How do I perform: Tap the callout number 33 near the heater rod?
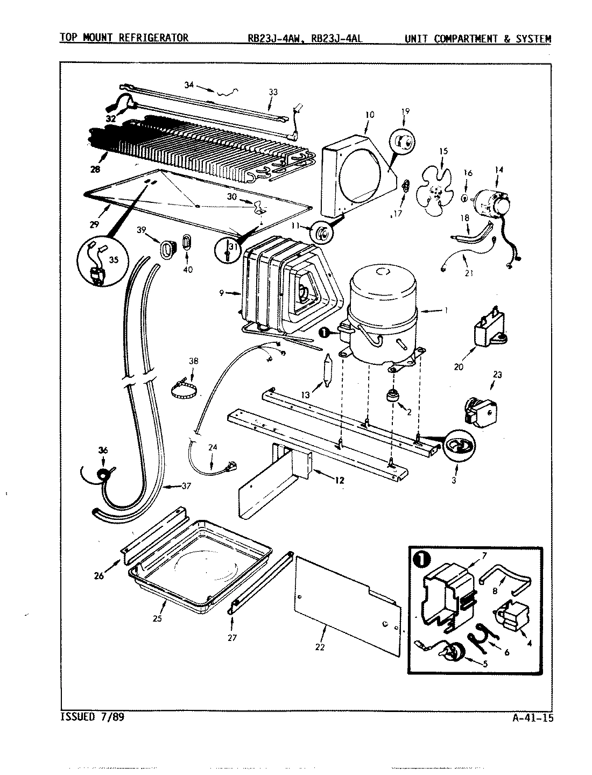pos(273,92)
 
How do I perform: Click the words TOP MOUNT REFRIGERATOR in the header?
pos(124,38)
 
